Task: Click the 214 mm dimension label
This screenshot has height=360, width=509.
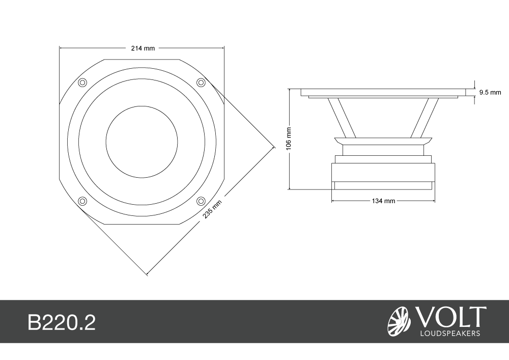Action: coord(143,48)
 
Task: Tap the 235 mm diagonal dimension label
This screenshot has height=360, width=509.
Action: coord(212,209)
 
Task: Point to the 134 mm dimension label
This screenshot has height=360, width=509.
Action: coord(383,201)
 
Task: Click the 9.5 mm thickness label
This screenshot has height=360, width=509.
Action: coord(490,93)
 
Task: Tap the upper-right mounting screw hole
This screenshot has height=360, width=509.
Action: coord(201,82)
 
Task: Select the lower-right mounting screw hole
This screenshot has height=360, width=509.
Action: coord(201,201)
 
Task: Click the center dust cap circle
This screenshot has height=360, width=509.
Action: coord(142,142)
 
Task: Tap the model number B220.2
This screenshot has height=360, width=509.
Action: coord(62,322)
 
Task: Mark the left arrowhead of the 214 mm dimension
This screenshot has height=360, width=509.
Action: coord(62,48)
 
